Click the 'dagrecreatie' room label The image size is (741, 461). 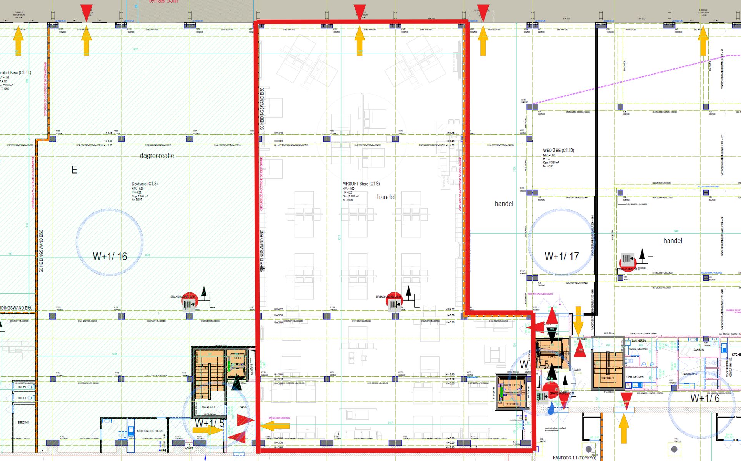point(157,156)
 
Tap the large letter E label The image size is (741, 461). point(74,170)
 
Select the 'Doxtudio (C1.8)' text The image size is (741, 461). point(145,184)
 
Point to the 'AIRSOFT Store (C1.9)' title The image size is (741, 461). point(361,184)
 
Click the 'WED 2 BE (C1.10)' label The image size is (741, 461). point(558,150)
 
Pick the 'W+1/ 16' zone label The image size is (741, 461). point(110,257)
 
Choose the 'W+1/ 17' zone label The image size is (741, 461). point(561,256)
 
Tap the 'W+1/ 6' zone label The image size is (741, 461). point(705,398)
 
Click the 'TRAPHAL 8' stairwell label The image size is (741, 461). point(208,407)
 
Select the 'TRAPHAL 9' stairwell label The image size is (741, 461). point(607,378)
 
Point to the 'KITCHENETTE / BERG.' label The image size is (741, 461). point(150,431)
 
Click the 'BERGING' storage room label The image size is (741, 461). point(23,423)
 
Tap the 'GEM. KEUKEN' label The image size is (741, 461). point(635,377)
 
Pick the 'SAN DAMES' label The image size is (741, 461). point(689,374)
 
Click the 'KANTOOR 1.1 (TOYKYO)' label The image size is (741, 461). point(574,458)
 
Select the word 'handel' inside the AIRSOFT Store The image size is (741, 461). point(386,197)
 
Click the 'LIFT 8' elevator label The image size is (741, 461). point(238,358)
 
